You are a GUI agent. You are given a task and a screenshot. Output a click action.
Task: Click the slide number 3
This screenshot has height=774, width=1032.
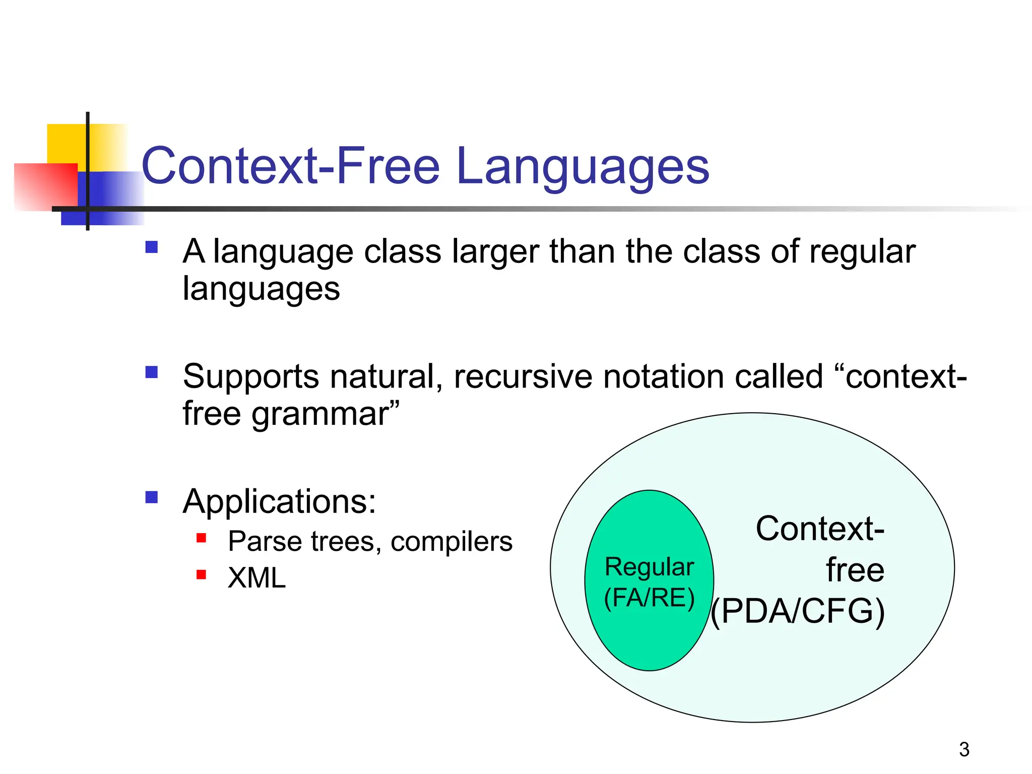pyautogui.click(x=964, y=749)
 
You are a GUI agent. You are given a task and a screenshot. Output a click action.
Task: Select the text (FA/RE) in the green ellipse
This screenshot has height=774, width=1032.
pyautogui.click(x=649, y=598)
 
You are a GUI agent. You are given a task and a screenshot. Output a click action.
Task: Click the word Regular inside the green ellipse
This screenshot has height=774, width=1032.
pyautogui.click(x=649, y=567)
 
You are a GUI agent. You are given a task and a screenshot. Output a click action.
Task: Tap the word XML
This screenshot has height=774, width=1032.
pyautogui.click(x=256, y=577)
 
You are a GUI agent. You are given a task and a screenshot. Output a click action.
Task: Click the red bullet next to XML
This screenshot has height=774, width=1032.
pyautogui.click(x=201, y=574)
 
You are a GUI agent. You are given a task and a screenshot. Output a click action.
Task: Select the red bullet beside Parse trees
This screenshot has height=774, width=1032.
pyautogui.click(x=201, y=538)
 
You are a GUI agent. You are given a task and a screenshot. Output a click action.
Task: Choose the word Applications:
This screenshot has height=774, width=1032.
pyautogui.click(x=279, y=501)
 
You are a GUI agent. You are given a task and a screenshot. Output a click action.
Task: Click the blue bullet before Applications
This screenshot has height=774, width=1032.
pyautogui.click(x=151, y=497)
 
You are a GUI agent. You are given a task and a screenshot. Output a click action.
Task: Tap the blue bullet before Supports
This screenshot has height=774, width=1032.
pyautogui.click(x=151, y=372)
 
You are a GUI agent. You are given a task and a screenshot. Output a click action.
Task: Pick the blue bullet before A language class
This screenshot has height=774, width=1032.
pyautogui.click(x=151, y=247)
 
